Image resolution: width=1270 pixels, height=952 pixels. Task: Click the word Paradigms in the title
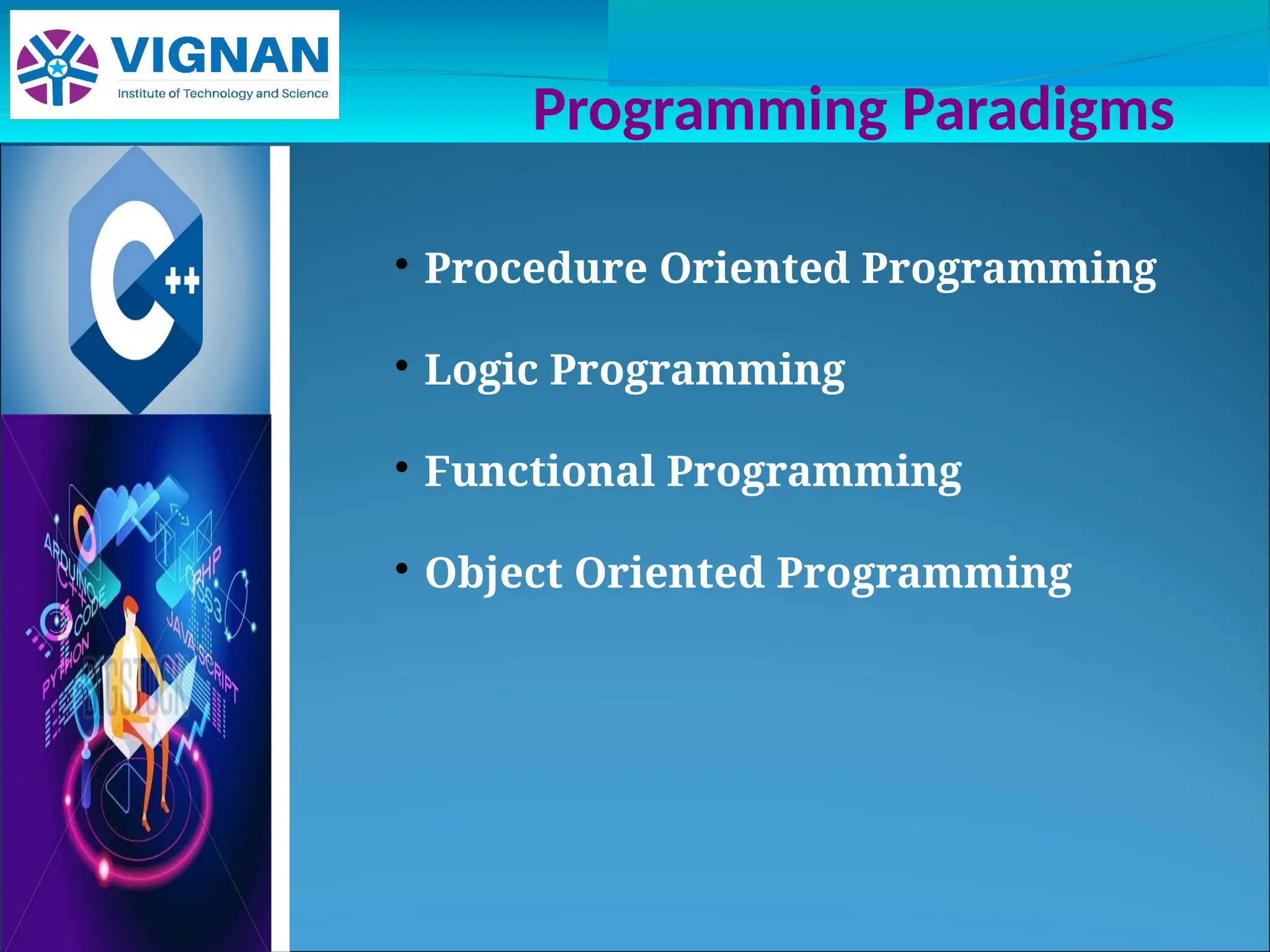[1037, 110]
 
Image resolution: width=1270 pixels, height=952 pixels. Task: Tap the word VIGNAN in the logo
[220, 56]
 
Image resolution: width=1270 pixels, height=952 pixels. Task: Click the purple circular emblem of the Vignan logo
[58, 67]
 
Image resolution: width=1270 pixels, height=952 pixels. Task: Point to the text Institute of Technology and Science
[223, 94]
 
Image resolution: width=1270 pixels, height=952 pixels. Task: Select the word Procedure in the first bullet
[535, 268]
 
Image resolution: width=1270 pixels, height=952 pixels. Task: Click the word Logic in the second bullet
[481, 370]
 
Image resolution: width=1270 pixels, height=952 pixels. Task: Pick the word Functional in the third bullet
[539, 471]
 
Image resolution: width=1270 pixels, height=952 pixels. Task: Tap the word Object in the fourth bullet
[494, 573]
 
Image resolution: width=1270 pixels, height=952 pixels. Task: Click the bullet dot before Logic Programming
[402, 366]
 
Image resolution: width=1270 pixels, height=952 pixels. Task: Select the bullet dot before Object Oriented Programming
[402, 568]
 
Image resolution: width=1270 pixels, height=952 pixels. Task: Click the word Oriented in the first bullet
[753, 268]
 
